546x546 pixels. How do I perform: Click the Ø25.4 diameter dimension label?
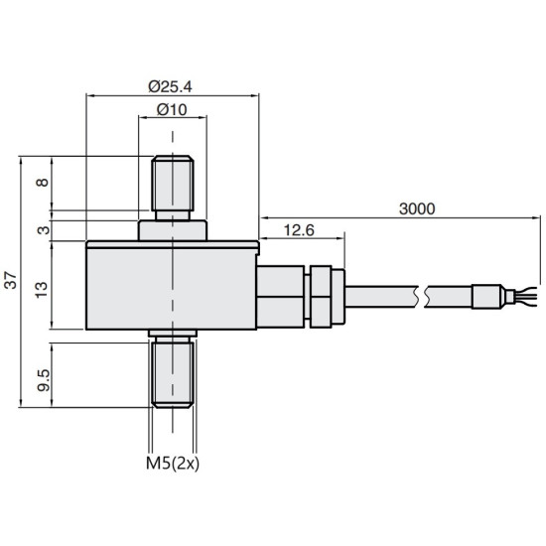(x=170, y=86)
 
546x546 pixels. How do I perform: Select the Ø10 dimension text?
(x=172, y=109)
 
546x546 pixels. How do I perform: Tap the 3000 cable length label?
(x=417, y=208)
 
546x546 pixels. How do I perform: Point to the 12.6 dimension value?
(x=299, y=230)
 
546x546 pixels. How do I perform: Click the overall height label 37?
(x=11, y=280)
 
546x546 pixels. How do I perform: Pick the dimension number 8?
(x=43, y=182)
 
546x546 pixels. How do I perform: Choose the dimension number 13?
(x=41, y=289)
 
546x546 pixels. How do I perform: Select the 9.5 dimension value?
(x=44, y=380)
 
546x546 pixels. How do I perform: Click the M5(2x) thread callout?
(x=173, y=464)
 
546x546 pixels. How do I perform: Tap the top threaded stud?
(x=173, y=188)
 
